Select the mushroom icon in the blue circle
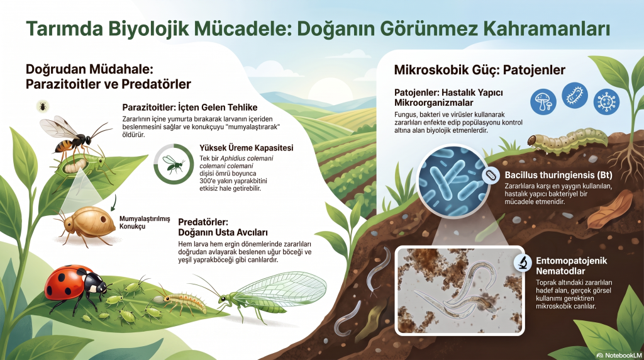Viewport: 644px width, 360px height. point(543,102)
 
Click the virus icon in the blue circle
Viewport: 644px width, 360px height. point(606,101)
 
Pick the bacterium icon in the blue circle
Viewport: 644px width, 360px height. point(575,95)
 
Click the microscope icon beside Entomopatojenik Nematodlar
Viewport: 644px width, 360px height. point(523,262)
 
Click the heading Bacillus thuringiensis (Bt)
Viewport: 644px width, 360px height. point(558,175)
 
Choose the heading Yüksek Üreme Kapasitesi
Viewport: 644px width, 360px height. point(247,148)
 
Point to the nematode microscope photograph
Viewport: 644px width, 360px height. point(460,291)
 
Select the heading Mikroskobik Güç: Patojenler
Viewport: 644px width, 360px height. point(480,70)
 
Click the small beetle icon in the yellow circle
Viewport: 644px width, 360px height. point(42,107)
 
